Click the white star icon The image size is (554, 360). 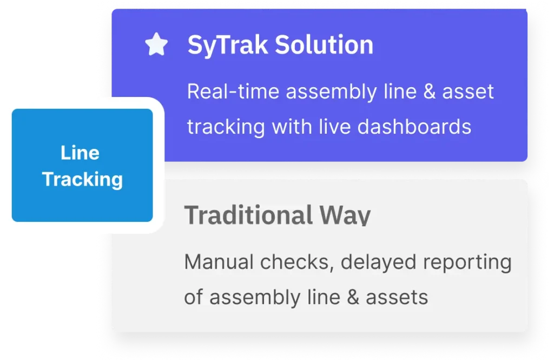tap(156, 44)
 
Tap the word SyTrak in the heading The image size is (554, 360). tap(228, 45)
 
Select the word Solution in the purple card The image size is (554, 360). tap(324, 45)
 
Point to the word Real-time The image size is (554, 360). tap(233, 91)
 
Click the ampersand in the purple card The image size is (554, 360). tap(429, 91)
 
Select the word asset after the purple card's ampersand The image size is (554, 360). tap(468, 92)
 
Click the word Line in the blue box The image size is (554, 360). tap(80, 153)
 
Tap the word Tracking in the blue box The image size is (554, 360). tap(82, 179)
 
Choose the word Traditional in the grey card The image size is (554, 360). tap(248, 215)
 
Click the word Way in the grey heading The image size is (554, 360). tap(345, 215)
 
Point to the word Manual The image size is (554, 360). tap(219, 262)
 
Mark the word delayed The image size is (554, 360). tap(378, 263)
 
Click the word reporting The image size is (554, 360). tap(467, 263)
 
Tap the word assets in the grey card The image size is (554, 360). tap(397, 297)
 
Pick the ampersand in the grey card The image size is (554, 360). tap(353, 297)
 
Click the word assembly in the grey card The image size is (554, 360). tap(255, 297)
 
